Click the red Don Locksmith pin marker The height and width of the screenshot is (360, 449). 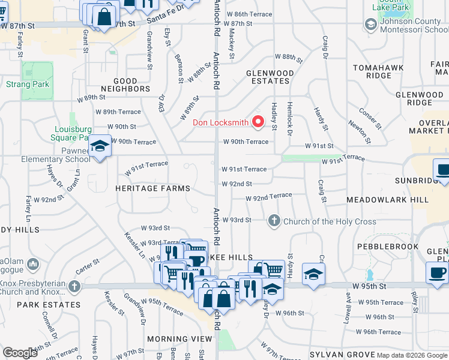[259, 122]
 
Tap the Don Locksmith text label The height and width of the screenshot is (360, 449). [220, 123]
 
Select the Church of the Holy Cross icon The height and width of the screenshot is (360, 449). [274, 221]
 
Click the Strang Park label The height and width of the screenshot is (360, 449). [28, 85]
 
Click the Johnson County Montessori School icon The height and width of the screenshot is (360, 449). [370, 25]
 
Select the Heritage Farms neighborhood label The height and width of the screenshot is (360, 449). [153, 188]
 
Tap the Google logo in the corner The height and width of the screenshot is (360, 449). [20, 353]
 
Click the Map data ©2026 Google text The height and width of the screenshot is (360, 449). [411, 355]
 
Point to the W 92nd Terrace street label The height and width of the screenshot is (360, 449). [268, 196]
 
